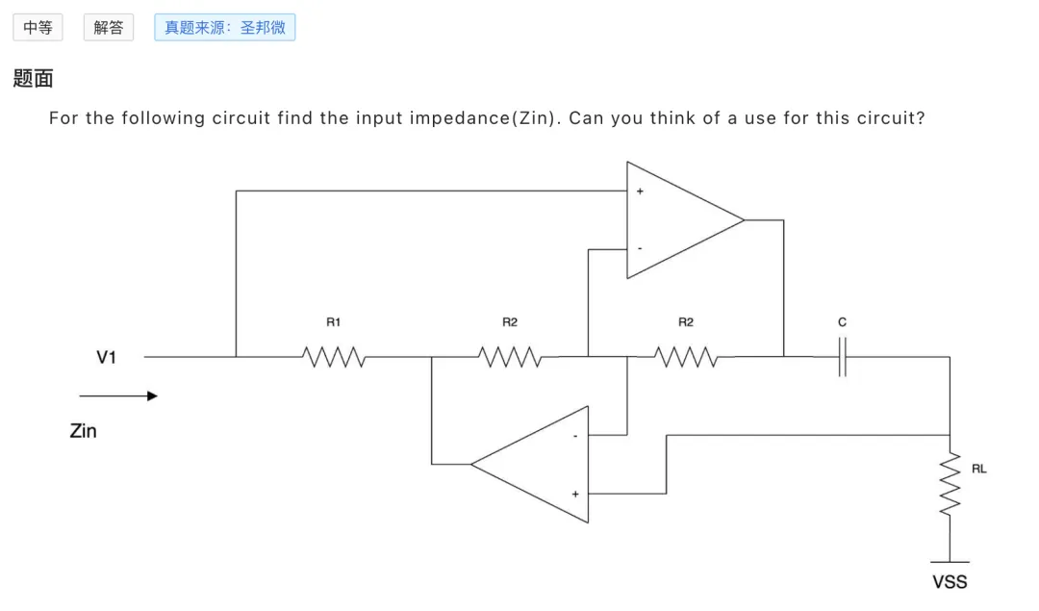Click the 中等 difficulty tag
38,27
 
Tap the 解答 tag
109,27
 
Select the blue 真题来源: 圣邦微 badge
224,27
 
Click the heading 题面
33,78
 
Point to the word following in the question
163,118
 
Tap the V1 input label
106,357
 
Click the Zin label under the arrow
84,431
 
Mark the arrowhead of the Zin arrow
152,396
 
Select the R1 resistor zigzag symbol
334,357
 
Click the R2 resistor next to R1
510,357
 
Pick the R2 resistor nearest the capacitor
686,357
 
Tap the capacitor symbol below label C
842,357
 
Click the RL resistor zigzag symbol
950,484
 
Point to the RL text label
979,469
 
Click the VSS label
950,582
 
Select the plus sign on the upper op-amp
640,191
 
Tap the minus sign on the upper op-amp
640,248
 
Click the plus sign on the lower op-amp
575,495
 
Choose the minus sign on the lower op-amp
575,436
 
